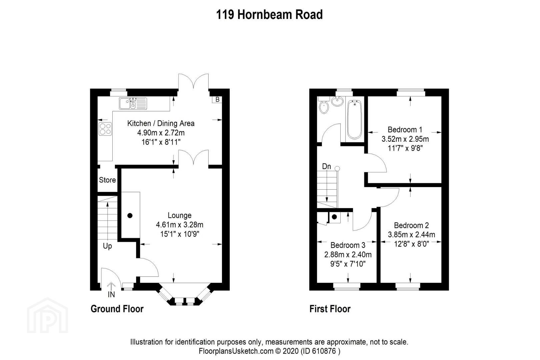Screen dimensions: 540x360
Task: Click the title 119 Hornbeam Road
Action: click(x=269, y=14)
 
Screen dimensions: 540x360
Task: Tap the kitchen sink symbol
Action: click(x=133, y=103)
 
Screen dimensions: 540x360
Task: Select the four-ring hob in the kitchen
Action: click(x=105, y=129)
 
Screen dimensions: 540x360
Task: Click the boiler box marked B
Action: click(x=217, y=100)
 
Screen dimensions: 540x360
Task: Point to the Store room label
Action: click(x=107, y=180)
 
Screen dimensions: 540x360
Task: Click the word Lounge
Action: click(x=180, y=215)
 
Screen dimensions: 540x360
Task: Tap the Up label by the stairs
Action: click(x=107, y=246)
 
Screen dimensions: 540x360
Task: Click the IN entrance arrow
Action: click(x=111, y=286)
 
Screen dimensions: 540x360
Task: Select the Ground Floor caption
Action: click(x=117, y=309)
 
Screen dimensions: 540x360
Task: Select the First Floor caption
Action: click(x=330, y=309)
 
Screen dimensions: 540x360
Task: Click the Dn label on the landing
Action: click(x=326, y=166)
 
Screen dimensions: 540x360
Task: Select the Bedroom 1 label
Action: click(x=405, y=130)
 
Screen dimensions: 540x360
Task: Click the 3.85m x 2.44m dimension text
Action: click(x=412, y=235)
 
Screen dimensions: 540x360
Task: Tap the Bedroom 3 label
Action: click(x=348, y=245)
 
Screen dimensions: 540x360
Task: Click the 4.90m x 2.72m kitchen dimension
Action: click(x=161, y=133)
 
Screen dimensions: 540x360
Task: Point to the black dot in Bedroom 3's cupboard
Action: click(x=334, y=217)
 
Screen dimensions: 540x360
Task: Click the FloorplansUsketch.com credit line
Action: click(x=270, y=351)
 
